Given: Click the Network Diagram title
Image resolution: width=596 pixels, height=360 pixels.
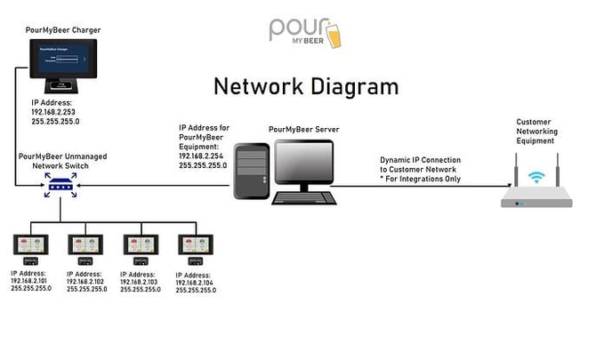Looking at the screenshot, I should click(x=304, y=86).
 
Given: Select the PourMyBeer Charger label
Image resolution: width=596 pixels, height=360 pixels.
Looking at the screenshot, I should click(x=65, y=30).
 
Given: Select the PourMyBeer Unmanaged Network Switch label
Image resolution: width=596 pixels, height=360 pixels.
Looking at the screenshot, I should click(x=63, y=160).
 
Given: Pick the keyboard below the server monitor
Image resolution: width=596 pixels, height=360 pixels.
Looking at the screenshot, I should click(x=305, y=198).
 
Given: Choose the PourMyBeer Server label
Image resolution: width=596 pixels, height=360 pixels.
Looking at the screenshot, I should click(x=303, y=129).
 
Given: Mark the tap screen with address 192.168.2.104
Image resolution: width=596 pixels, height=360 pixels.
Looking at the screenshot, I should click(x=197, y=245).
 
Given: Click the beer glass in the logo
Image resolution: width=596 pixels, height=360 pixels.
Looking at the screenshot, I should click(x=332, y=33).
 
